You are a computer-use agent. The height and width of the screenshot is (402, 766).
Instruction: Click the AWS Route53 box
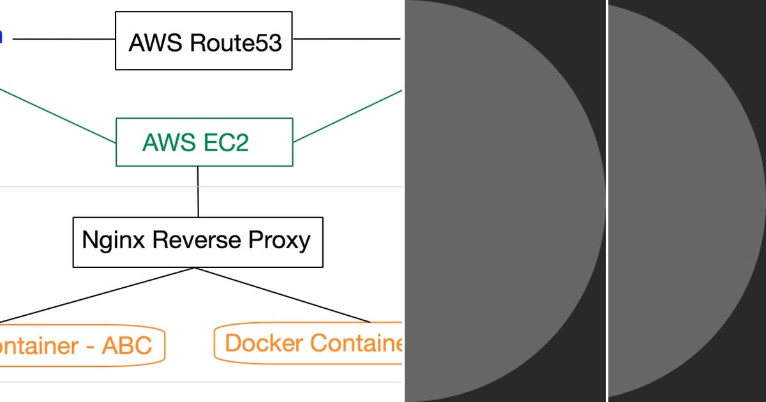204,40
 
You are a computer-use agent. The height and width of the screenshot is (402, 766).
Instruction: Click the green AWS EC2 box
204,142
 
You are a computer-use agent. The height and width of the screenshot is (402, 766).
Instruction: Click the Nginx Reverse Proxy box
198,242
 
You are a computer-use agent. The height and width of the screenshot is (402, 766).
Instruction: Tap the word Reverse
195,241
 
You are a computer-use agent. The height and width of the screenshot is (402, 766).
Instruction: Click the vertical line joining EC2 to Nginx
198,191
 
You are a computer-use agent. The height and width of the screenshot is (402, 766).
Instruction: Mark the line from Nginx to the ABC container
96,295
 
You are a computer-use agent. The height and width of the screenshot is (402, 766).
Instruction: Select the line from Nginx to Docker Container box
284,295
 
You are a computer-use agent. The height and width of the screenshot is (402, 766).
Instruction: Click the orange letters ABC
126,345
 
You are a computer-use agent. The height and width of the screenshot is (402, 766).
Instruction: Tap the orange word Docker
264,343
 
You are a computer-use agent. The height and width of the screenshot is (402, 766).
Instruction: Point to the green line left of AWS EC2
57,115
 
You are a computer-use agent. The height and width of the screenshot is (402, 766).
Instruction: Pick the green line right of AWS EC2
348,115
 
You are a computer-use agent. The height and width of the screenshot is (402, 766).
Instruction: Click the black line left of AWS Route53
64,39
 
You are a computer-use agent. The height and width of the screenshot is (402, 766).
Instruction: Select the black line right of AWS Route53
346,39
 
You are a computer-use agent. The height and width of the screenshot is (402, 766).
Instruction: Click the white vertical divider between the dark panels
606,201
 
